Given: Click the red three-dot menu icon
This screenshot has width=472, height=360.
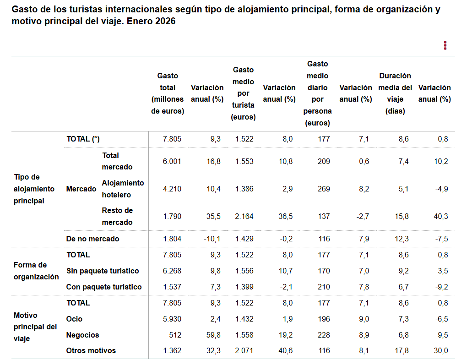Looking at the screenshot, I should [x=445, y=45].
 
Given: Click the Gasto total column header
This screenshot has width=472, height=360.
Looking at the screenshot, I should [x=168, y=93].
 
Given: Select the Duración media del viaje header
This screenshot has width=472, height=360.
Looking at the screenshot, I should [x=395, y=93].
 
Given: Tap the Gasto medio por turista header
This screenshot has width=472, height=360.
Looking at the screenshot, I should [x=243, y=93].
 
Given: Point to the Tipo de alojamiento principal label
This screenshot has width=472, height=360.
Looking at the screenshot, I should [x=34, y=189].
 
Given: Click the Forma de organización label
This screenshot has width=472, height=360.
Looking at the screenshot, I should [x=36, y=271].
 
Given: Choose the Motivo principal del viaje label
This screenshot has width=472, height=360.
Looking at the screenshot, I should [x=35, y=327].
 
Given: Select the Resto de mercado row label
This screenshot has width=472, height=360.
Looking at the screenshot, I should [x=117, y=216].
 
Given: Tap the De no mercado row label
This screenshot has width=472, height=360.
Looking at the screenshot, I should [x=92, y=239].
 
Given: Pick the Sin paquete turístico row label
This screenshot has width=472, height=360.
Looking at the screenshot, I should [x=103, y=271].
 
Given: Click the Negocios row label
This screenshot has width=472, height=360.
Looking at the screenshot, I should [x=82, y=335].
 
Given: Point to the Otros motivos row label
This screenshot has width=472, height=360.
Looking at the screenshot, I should [x=91, y=351].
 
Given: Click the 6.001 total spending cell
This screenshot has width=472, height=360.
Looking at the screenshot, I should [x=173, y=161].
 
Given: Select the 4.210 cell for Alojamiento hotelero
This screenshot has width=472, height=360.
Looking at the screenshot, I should [x=173, y=189].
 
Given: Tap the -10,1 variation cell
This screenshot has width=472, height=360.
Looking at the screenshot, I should [x=212, y=239].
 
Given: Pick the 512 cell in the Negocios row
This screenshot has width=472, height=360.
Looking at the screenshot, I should [x=175, y=335].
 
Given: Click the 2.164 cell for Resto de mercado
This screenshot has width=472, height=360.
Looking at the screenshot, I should [x=244, y=216].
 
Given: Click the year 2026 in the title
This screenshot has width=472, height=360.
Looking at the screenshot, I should [x=164, y=22].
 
